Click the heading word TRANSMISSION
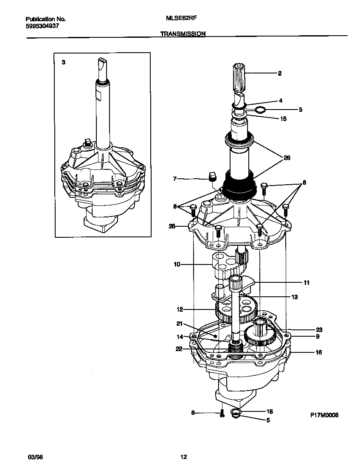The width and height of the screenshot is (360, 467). (x=183, y=34)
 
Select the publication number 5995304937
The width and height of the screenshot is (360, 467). (x=42, y=26)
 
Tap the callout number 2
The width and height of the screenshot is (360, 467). (x=279, y=73)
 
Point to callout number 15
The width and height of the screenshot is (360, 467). (x=284, y=119)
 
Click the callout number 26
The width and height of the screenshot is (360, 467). (x=287, y=158)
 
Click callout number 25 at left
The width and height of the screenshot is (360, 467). (x=172, y=226)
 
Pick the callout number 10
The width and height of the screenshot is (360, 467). (x=177, y=264)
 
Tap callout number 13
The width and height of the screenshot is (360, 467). (x=294, y=297)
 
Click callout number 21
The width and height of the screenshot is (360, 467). (x=179, y=324)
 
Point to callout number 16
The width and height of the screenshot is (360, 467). (x=318, y=352)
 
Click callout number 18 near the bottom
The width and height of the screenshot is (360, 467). (x=270, y=411)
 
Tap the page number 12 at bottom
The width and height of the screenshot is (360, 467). (x=183, y=457)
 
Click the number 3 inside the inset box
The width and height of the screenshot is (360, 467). (x=63, y=62)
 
